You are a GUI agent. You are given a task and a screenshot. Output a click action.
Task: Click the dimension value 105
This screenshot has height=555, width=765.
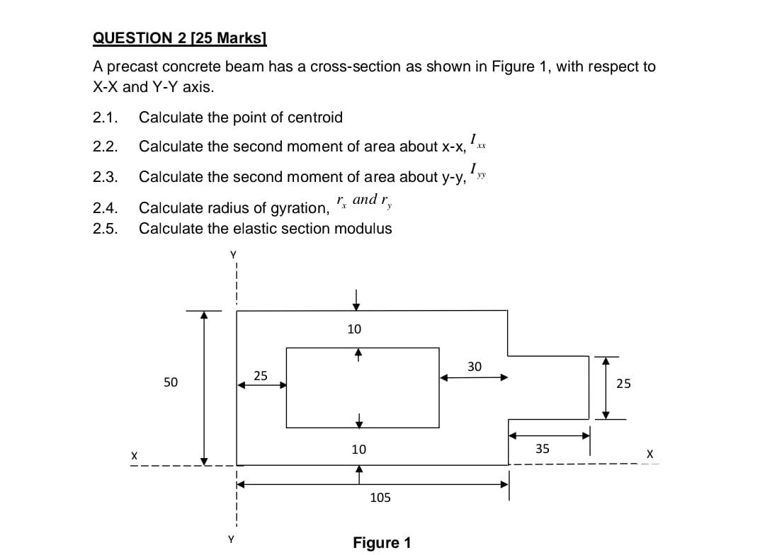[x=380, y=498]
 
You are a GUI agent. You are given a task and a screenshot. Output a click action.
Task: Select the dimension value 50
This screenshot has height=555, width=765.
[x=170, y=382]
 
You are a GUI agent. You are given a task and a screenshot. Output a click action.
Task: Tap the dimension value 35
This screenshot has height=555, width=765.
[x=542, y=448]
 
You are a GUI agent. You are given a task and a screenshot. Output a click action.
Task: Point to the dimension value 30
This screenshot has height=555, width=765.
[x=475, y=366]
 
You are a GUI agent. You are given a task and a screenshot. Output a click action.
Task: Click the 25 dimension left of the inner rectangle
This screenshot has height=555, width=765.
[x=261, y=375]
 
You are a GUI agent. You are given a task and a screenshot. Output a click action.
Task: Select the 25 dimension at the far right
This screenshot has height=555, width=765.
[x=623, y=384]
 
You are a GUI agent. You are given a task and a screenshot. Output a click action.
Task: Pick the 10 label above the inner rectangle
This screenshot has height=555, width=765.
[x=354, y=329]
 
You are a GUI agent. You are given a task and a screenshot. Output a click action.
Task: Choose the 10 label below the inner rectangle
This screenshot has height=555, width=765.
[x=358, y=449]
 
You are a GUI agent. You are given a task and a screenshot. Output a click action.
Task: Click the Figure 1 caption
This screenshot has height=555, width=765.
[x=382, y=543]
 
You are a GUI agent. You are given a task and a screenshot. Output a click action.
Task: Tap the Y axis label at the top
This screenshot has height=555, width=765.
[x=232, y=253]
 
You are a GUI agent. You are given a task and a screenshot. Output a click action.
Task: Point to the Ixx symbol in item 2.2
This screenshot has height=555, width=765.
[x=479, y=142]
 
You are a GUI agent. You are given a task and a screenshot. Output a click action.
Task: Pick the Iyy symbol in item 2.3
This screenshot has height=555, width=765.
[x=479, y=172]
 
